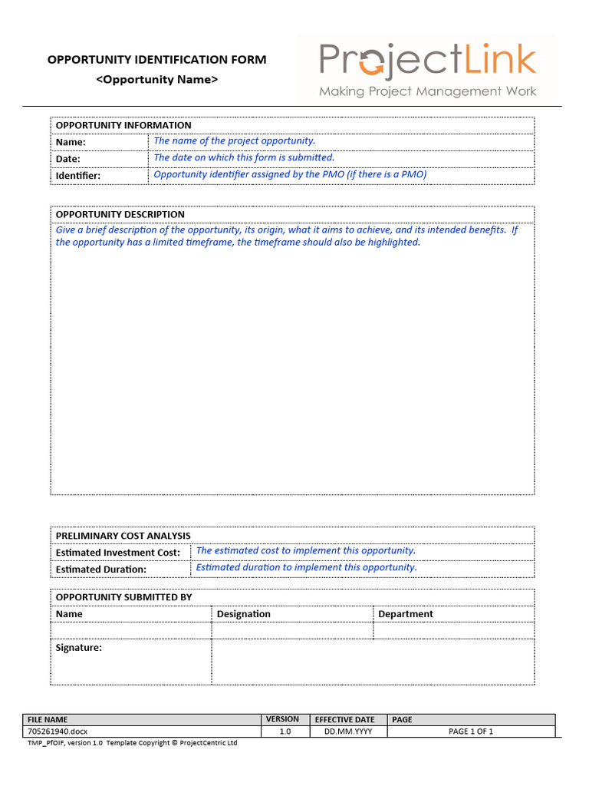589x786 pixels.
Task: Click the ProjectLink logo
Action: pos(427,68)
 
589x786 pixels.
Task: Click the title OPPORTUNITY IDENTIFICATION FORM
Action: pos(157,60)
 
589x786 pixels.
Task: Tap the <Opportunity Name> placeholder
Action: pos(156,80)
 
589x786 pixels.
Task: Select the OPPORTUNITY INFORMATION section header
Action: pos(123,125)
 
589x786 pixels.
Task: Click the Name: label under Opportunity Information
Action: pos(71,142)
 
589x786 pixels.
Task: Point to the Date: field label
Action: pos(68,159)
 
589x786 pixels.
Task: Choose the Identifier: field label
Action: pos(78,176)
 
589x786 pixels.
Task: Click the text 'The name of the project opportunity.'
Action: pos(235,140)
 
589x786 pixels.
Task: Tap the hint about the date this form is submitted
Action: pos(244,157)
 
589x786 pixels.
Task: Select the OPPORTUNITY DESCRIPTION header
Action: pos(120,214)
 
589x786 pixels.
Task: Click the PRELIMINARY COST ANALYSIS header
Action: pos(123,536)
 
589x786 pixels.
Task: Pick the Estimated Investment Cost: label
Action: pos(118,553)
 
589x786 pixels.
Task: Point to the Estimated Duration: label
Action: pos(101,570)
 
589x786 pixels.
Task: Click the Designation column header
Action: pos(244,614)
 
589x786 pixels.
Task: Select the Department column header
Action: pos(406,614)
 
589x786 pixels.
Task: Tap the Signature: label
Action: pos(79,648)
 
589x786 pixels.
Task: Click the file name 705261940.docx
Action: pos(58,732)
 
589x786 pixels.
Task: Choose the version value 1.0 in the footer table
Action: pos(285,732)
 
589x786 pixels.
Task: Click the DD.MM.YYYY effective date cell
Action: pos(344,732)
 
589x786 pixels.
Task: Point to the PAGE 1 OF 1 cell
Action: pos(471,732)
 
